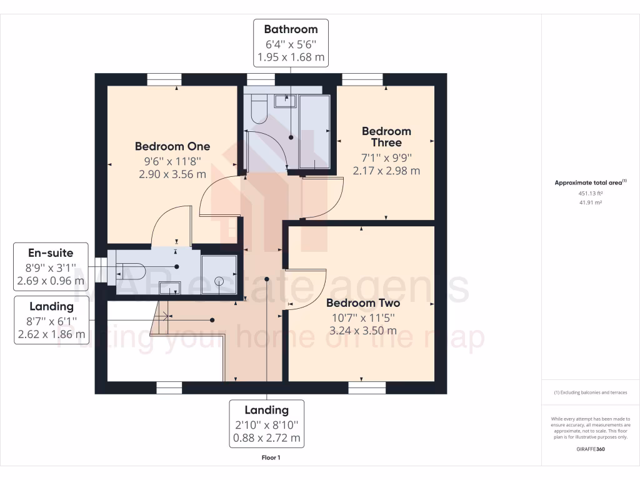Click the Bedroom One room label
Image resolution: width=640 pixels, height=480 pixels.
(x=172, y=146)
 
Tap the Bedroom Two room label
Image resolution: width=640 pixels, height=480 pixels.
(x=363, y=303)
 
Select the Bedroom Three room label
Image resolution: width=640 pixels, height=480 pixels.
(x=386, y=137)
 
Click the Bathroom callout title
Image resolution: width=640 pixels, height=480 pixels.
(x=291, y=29)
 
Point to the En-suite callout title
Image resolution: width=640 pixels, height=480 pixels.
(x=51, y=253)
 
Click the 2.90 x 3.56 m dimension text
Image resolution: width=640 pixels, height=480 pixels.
(x=172, y=174)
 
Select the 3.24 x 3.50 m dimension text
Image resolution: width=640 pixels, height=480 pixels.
(x=363, y=331)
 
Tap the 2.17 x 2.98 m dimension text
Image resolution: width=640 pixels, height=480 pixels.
(x=386, y=170)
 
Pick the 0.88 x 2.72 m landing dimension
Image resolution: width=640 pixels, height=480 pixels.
(x=267, y=438)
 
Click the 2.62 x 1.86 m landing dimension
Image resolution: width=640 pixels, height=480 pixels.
(x=51, y=334)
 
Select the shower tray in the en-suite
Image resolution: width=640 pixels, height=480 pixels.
(x=219, y=274)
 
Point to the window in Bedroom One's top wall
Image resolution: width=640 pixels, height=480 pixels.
(x=164, y=79)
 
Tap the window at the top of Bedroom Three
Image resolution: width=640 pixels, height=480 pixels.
(x=362, y=79)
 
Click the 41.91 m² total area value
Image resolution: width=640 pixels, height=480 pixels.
(x=591, y=202)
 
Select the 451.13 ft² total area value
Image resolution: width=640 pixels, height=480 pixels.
(x=591, y=193)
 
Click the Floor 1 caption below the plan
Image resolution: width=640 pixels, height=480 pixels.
(x=271, y=458)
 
